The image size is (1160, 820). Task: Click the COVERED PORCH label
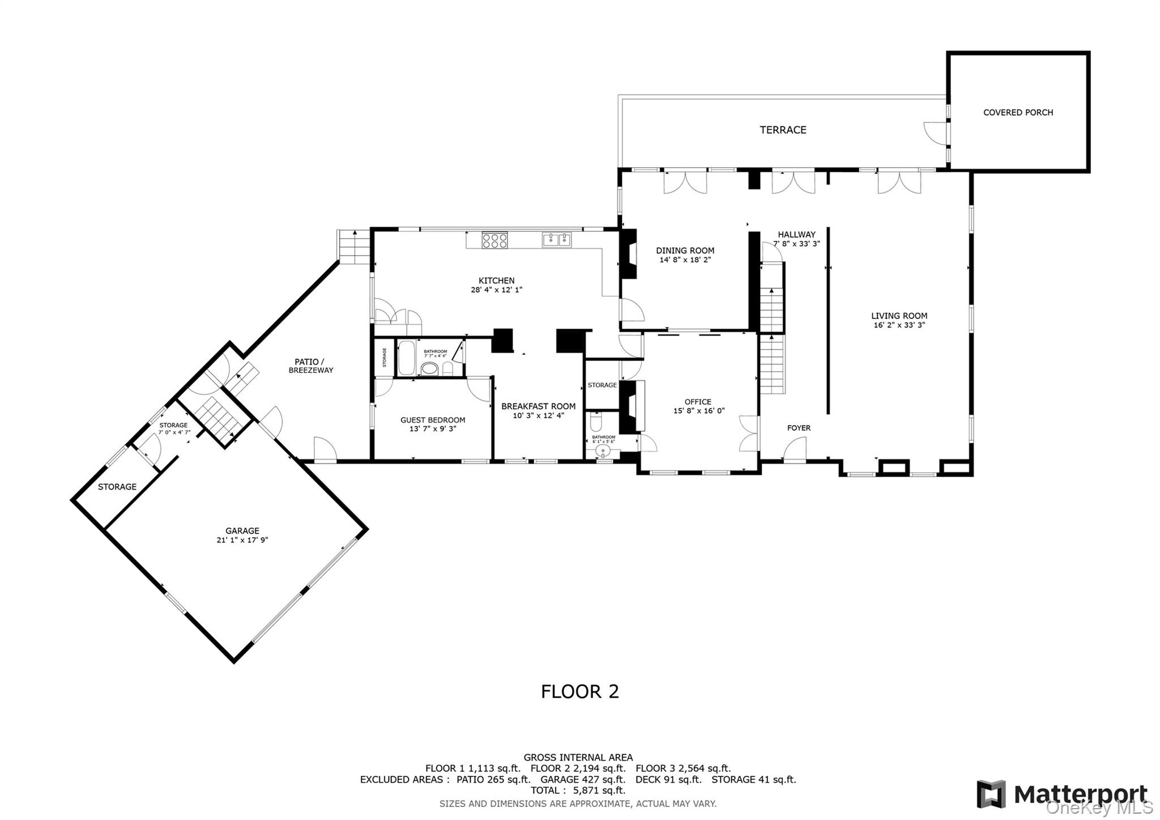tap(1018, 113)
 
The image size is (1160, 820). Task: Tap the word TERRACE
tap(783, 130)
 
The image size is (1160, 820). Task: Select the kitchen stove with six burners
tap(494, 240)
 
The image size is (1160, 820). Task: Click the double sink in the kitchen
tap(557, 240)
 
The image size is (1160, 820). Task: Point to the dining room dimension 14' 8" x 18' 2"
tap(685, 260)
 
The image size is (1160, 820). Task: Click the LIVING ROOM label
tap(899, 316)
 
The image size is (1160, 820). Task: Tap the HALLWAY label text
tap(796, 235)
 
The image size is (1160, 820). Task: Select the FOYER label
tap(799, 428)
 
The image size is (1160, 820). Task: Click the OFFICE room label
tap(698, 402)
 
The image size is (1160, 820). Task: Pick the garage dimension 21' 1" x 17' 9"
tap(242, 540)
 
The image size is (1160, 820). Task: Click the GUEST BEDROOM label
tap(433, 420)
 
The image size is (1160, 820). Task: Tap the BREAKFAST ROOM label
tap(538, 406)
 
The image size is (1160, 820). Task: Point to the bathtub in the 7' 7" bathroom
tap(406, 358)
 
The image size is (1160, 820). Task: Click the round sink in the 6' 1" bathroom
tap(603, 452)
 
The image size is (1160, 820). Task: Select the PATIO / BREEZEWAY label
tap(310, 366)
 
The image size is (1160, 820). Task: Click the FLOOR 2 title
tap(579, 691)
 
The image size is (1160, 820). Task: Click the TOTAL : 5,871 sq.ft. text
tap(578, 791)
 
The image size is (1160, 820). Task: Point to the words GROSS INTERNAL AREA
tap(578, 757)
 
